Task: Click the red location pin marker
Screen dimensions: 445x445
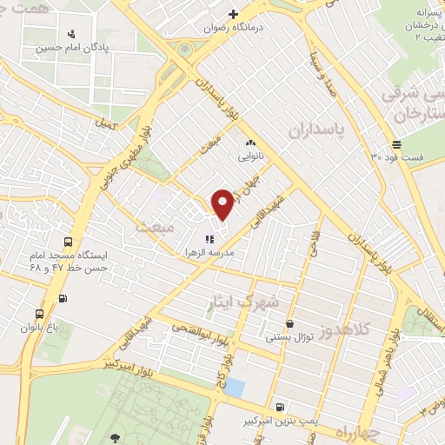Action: (222, 204)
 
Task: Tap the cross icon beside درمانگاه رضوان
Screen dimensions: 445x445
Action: (233, 14)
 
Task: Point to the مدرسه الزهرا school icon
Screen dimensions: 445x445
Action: (209, 239)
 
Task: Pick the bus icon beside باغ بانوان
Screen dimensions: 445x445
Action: (39, 314)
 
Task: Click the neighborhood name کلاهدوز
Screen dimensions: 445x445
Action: (343, 331)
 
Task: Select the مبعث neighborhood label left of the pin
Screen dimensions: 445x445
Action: (155, 226)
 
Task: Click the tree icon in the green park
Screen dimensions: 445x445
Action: (116, 436)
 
